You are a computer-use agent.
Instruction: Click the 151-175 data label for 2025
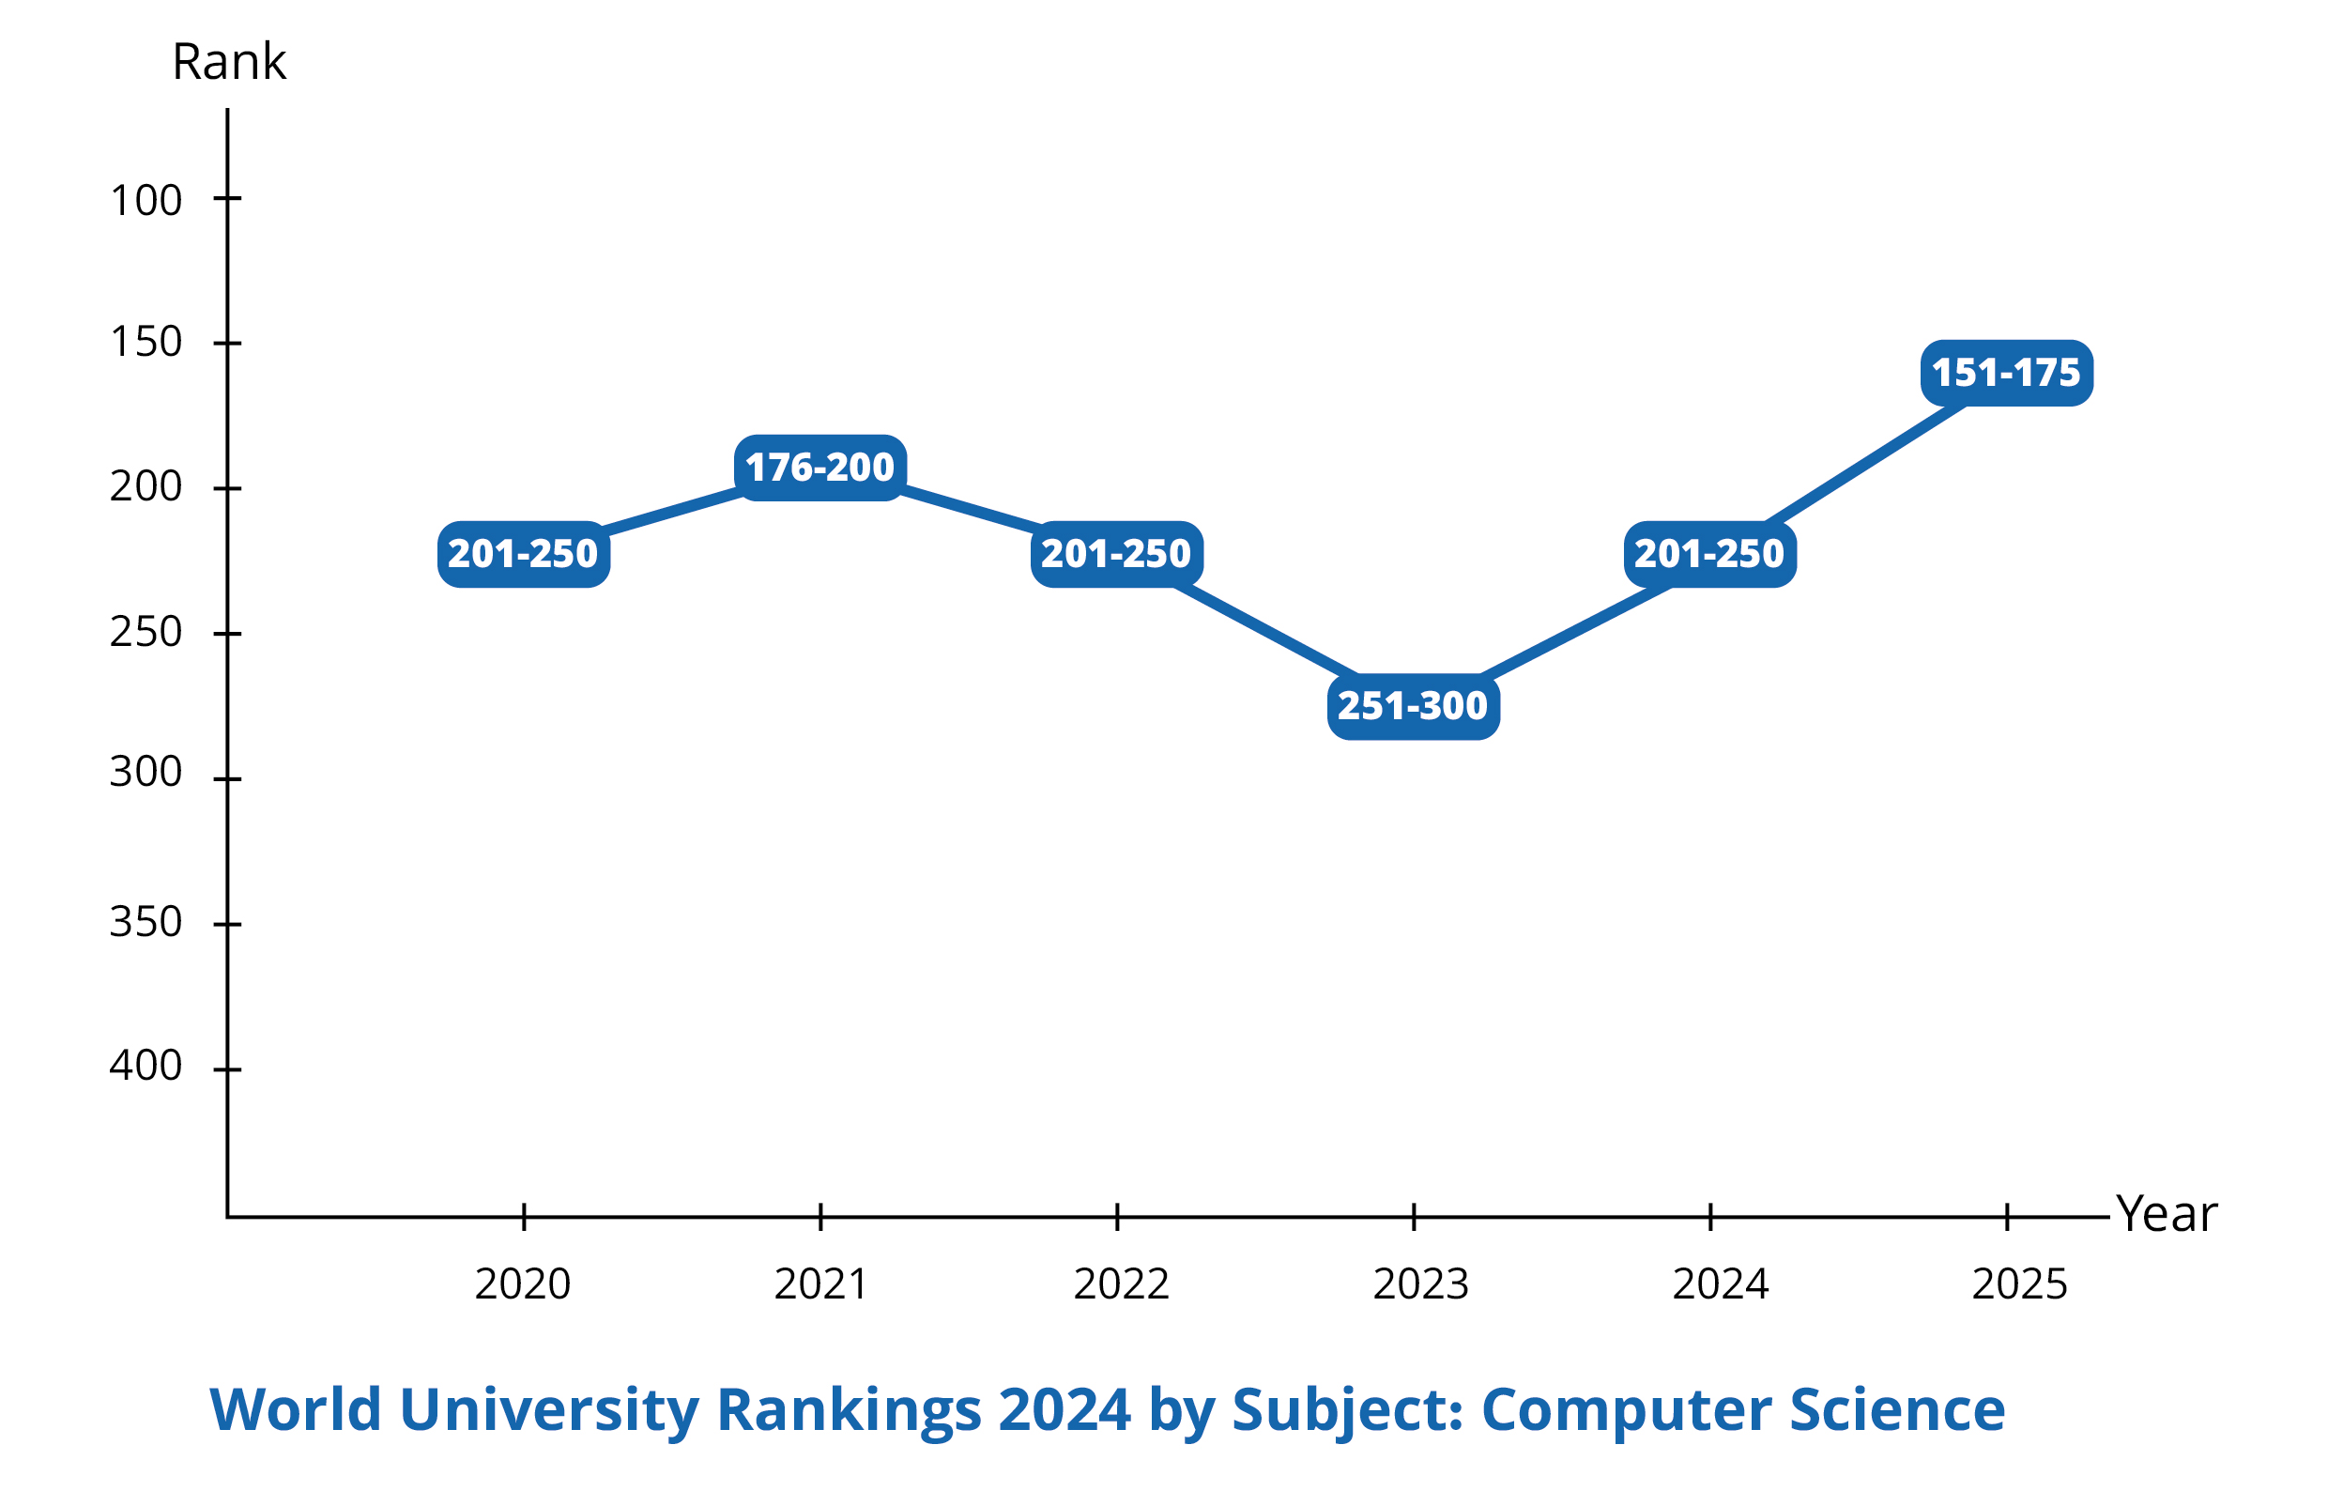tap(2007, 373)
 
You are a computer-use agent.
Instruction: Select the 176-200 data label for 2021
tap(819, 468)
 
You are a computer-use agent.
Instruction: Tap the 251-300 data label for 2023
tap(1414, 706)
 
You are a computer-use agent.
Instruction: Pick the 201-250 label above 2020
tap(524, 554)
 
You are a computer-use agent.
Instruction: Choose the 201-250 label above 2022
tap(1116, 554)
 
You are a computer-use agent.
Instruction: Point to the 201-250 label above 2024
tap(1709, 554)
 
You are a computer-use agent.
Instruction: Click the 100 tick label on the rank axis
tap(146, 200)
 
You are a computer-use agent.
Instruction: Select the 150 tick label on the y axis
tap(146, 342)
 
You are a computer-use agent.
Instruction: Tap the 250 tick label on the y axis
tap(146, 632)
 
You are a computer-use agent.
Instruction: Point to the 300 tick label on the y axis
tap(146, 772)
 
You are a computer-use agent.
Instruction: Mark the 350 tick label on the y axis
tap(146, 922)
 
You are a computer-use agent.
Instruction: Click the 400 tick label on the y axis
tap(146, 1065)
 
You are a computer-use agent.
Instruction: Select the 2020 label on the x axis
tap(523, 1283)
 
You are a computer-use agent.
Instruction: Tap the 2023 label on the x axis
tap(1421, 1283)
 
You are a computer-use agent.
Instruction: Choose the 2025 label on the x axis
tap(2019, 1283)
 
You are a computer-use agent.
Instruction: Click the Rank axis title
tap(228, 62)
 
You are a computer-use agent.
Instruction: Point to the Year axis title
tap(2167, 1213)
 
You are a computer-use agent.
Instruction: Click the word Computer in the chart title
tap(1626, 1409)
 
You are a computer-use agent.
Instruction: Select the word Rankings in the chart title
tap(848, 1409)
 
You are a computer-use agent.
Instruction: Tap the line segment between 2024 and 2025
tap(1863, 465)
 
